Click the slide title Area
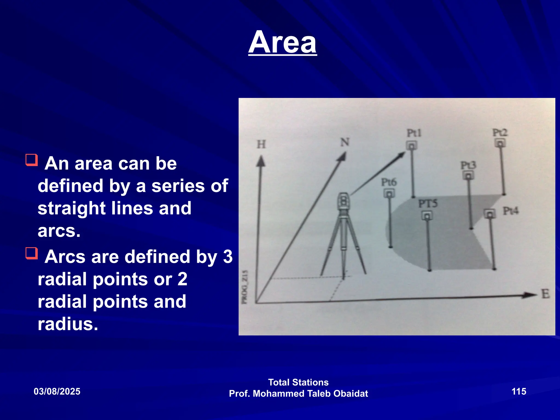(282, 42)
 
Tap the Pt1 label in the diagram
(414, 133)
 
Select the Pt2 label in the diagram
(500, 133)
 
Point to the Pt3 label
(468, 165)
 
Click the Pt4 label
(511, 211)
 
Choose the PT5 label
(428, 204)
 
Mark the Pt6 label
(389, 182)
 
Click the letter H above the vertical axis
(261, 144)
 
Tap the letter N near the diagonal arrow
(345, 142)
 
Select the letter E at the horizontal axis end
(546, 294)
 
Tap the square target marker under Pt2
(500, 143)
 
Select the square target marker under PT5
(427, 216)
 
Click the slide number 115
(519, 391)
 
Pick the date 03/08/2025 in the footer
(57, 391)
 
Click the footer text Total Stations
(298, 382)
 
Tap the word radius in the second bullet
(68, 324)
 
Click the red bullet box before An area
(32, 160)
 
